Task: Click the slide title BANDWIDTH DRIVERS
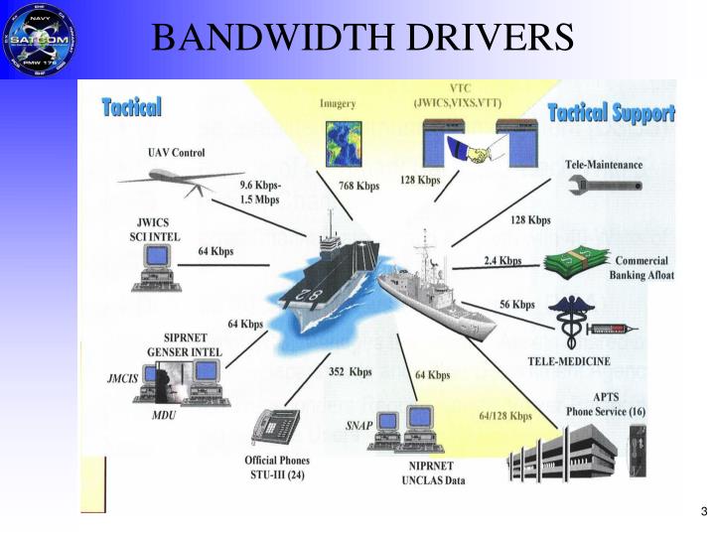click(363, 37)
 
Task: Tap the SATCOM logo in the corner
click(40, 39)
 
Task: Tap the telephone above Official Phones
click(275, 428)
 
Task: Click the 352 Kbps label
click(351, 372)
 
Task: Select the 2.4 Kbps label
click(502, 261)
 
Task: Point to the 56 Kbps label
click(516, 305)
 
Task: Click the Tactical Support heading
click(611, 112)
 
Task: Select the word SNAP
click(358, 425)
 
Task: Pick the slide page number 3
click(703, 512)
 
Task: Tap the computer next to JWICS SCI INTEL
click(155, 266)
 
